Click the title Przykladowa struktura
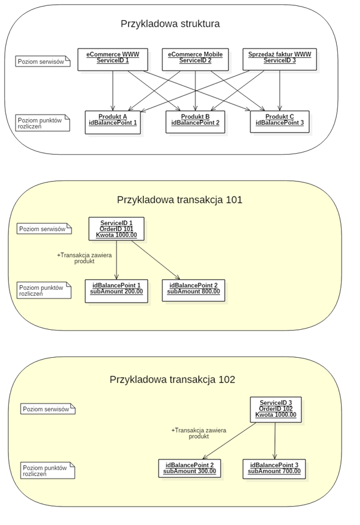[170, 24]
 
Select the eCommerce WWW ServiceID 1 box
[113, 59]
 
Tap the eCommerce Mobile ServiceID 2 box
[195, 59]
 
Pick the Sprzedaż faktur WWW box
[280, 59]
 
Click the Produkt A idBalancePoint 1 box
[113, 122]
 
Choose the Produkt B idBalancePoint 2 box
[195, 122]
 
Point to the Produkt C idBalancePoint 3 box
[280, 122]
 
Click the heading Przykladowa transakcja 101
[180, 200]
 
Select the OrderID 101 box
[117, 229]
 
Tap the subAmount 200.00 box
[117, 291]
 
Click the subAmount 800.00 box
[193, 290]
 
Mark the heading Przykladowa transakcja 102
[173, 380]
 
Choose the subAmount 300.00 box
[190, 468]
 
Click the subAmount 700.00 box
[275, 468]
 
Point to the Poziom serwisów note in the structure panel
[43, 61]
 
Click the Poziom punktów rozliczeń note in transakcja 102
[48, 470]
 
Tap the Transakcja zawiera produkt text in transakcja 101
[84, 258]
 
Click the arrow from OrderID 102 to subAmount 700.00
[275, 440]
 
